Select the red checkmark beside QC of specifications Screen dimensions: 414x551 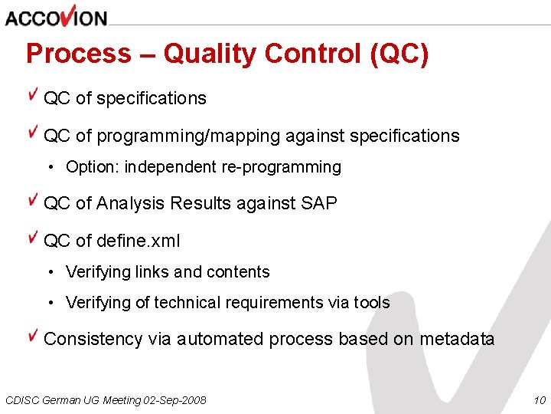click(x=33, y=95)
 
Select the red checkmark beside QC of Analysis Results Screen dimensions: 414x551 click(x=33, y=200)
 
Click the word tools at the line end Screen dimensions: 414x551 click(x=372, y=303)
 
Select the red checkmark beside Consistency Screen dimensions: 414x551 click(x=33, y=336)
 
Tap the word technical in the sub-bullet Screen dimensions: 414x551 click(x=184, y=303)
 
